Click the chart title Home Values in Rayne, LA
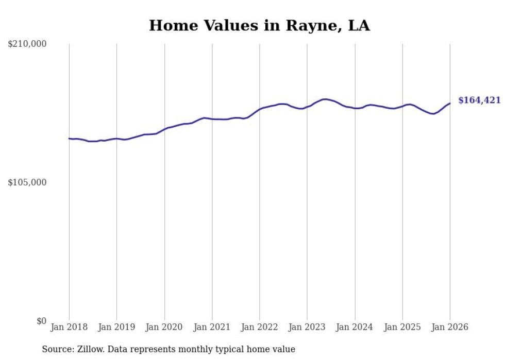point(259,25)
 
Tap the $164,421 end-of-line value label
point(479,100)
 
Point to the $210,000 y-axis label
point(27,44)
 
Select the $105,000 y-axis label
point(27,182)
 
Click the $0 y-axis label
point(41,321)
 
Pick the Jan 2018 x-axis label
point(69,327)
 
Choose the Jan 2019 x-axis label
point(116,327)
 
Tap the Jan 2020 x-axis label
point(164,327)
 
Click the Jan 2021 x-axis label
point(212,327)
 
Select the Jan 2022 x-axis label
point(260,327)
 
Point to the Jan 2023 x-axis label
point(307,327)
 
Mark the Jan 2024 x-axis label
point(355,327)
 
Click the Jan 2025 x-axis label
point(402,327)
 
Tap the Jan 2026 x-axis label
point(450,327)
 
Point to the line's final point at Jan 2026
point(450,104)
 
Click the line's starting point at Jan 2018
point(69,139)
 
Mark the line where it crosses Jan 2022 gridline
point(260,109)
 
